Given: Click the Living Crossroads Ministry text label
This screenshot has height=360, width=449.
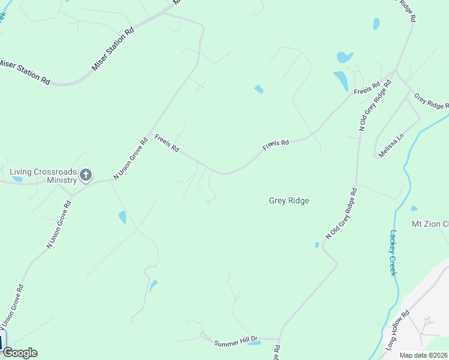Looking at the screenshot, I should click(43, 176).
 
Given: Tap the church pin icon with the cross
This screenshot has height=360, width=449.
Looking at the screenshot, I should click(85, 175).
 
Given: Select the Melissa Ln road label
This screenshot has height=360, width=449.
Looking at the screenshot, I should click(391, 146).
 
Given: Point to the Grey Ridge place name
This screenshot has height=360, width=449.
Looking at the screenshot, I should click(289, 201).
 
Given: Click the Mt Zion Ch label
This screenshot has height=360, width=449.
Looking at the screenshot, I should click(429, 224).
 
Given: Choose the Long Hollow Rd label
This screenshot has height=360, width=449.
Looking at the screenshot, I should click(397, 331).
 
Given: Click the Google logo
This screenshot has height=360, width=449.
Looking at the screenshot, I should click(20, 353).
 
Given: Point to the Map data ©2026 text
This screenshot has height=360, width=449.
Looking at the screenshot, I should click(423, 355).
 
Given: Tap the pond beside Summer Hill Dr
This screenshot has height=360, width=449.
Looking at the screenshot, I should click(255, 343).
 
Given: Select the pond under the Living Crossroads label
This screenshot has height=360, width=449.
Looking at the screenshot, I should click(17, 179).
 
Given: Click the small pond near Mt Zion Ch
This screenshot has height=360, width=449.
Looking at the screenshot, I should click(414, 209).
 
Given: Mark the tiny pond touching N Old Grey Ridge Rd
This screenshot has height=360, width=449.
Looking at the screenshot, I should click(317, 244).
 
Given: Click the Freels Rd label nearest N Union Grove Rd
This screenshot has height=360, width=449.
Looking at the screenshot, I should click(167, 143).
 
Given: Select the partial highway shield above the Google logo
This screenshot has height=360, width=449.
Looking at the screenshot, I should click(2, 340).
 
